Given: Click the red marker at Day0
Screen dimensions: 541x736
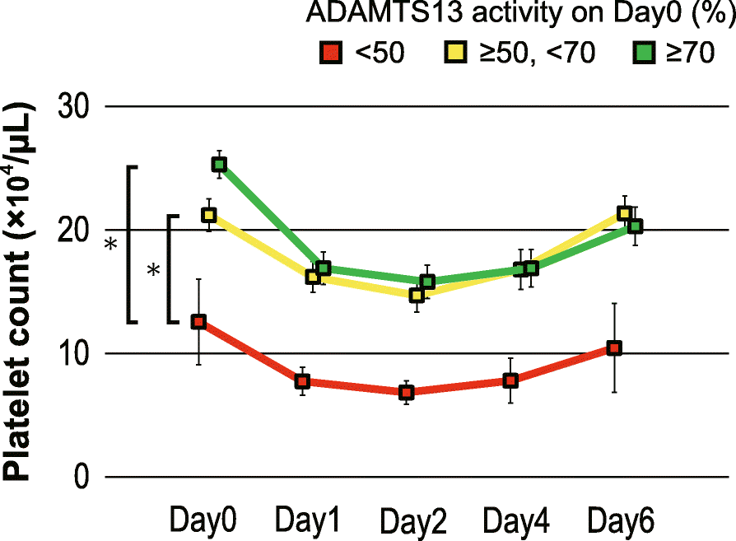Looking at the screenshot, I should click(x=198, y=322).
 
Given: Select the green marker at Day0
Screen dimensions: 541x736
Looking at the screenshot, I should click(x=219, y=165).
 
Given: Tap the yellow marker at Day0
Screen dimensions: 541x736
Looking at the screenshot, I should click(x=209, y=215).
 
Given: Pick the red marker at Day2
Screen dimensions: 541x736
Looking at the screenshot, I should click(x=407, y=392).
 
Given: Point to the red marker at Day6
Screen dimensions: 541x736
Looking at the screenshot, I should click(x=613, y=348).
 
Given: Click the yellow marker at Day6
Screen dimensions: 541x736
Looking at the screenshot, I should click(x=624, y=213).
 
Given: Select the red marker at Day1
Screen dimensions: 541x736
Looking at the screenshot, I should click(x=302, y=381).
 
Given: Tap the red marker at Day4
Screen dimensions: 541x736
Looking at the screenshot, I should click(x=510, y=380).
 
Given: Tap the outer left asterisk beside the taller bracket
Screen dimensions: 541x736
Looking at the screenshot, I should click(x=111, y=245).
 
